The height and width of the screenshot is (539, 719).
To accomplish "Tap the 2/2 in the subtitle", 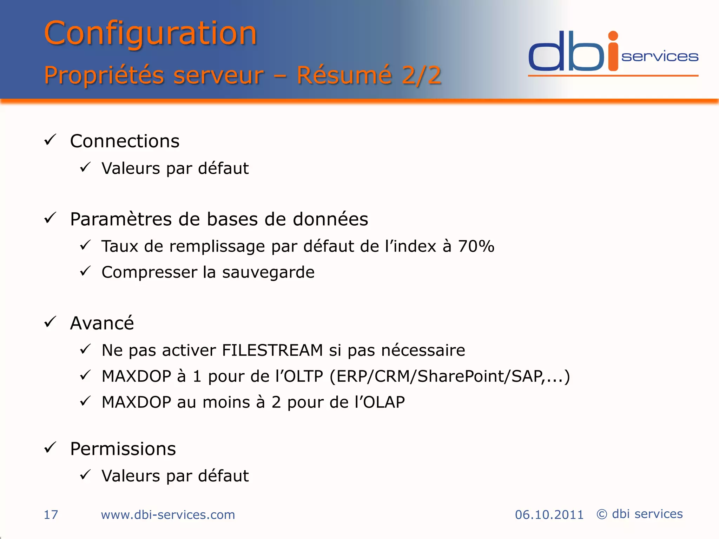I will tap(421, 75).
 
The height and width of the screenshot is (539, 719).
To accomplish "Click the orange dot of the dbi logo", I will tap(613, 36).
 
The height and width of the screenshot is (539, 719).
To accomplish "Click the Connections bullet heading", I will tap(125, 141).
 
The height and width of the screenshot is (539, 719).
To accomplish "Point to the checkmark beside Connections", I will tap(50, 140).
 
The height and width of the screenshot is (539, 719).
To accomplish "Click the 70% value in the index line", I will tap(476, 246).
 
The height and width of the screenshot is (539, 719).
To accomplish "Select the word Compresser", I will tap(149, 272).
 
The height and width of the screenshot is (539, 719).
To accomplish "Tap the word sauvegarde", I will tap(268, 272).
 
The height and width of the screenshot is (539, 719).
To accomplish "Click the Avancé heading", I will tap(102, 323).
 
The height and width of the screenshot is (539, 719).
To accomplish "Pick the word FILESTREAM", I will tap(272, 350).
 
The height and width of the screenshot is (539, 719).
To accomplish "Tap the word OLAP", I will tap(384, 402).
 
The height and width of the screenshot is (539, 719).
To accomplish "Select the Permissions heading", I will tap(123, 449).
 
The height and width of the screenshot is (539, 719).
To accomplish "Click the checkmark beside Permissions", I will tap(50, 447).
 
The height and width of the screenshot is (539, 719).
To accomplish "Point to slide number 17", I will tap(51, 515).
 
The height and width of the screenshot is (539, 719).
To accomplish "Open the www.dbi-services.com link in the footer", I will tap(168, 515).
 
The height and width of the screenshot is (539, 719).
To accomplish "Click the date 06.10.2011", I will tap(549, 515).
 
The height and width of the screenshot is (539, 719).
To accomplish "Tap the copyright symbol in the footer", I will tap(602, 514).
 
